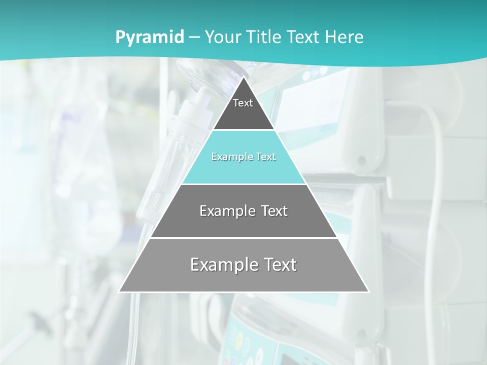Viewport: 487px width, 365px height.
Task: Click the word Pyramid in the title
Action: (149, 38)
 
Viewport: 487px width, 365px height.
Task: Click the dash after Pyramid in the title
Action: (194, 38)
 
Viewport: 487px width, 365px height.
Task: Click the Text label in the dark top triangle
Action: (243, 103)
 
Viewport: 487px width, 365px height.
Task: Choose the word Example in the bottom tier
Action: (222, 265)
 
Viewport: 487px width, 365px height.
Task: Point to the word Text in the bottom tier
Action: (277, 265)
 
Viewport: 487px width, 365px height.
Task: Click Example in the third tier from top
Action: (223, 211)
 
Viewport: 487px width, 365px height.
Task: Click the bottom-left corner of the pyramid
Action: (120, 291)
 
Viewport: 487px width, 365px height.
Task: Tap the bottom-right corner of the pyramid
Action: (368, 291)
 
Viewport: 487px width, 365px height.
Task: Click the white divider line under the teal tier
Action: (243, 184)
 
